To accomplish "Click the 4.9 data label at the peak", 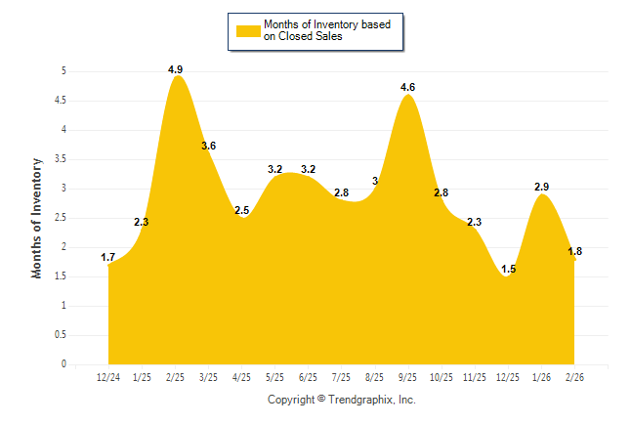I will (176, 69).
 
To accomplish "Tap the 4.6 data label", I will (408, 88).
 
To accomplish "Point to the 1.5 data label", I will (508, 269).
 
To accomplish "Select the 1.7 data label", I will (108, 258).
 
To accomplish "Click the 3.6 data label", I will (208, 147).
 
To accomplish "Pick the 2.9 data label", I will (542, 187).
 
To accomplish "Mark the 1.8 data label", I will (575, 252).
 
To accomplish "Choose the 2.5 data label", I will (242, 211).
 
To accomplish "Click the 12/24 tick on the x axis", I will (108, 377).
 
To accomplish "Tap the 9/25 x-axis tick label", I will (408, 377).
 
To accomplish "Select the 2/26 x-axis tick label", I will (575, 377).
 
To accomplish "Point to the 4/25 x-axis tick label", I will (242, 377).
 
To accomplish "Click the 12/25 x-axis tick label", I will (508, 377).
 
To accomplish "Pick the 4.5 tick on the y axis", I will (60, 101).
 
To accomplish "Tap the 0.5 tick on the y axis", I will (60, 335).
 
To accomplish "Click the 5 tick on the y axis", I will (63, 71).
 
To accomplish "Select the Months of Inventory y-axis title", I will (37, 218).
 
